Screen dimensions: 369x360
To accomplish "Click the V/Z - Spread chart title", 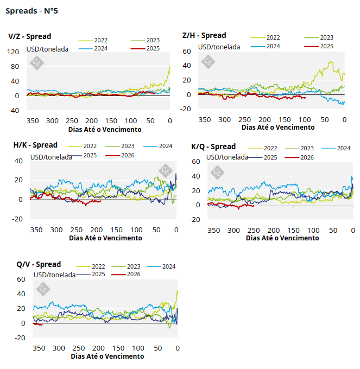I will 30,36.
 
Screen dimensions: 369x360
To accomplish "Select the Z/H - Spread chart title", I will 204,35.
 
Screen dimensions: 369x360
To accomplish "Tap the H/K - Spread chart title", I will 35,145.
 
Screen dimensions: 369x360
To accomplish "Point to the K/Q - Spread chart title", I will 213,147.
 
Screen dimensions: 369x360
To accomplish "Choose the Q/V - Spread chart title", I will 39,264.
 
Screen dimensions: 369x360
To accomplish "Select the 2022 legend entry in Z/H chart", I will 273,37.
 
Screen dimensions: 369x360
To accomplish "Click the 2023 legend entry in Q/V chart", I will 133,266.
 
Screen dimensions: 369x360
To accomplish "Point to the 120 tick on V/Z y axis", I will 14,52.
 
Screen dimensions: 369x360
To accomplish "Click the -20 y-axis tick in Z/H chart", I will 186,109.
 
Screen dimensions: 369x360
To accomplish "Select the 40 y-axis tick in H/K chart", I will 18,161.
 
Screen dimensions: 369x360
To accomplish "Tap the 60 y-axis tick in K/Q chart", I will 195,162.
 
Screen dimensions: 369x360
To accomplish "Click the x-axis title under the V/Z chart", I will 105,130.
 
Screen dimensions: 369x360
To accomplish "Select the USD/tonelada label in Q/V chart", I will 54,275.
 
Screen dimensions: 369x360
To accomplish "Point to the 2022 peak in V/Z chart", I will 169,67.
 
